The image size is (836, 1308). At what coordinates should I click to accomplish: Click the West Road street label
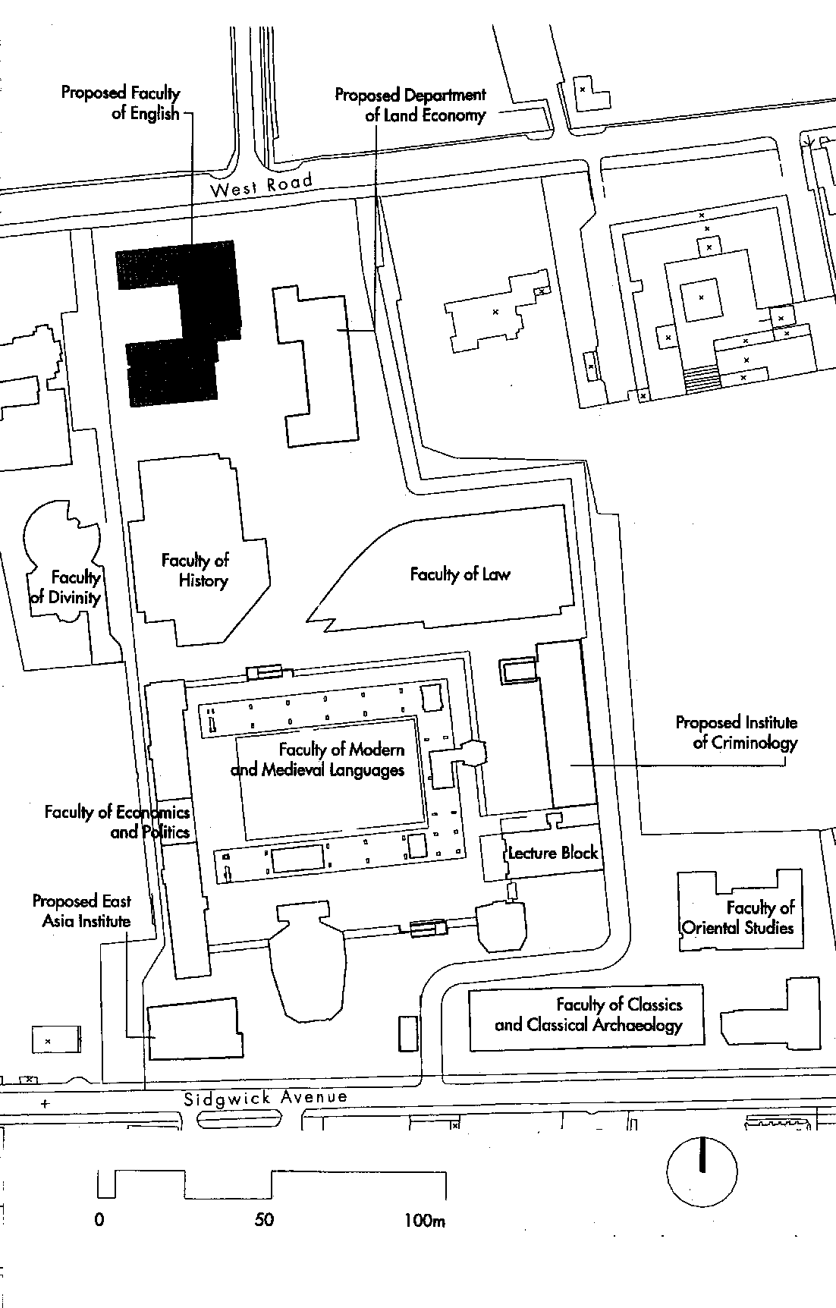pos(261,184)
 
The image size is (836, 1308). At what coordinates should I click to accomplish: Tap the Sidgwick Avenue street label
pos(266,1097)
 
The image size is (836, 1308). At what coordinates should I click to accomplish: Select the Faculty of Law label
pos(460,574)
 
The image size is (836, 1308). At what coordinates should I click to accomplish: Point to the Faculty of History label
pos(196,571)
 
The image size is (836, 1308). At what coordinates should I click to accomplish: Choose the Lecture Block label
pos(553,852)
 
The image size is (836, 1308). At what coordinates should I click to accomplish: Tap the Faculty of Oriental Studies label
pos(738,917)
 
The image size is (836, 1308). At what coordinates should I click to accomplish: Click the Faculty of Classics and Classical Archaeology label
pos(589,1014)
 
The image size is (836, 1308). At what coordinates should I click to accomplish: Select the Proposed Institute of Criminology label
pos(737,732)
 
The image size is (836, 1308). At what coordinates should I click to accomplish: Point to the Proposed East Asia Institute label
pos(82,911)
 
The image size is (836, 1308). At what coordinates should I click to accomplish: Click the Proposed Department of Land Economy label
pos(410,105)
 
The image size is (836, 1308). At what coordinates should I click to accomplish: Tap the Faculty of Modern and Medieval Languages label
pos(318,759)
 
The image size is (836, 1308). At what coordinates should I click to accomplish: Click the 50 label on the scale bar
pos(264,1220)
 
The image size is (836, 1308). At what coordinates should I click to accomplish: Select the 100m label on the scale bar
pos(425,1220)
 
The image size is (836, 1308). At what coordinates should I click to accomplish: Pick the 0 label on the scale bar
pos(99,1220)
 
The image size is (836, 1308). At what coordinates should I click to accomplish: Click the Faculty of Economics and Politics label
pos(118,822)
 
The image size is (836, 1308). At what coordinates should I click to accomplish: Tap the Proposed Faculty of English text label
pos(121,103)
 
